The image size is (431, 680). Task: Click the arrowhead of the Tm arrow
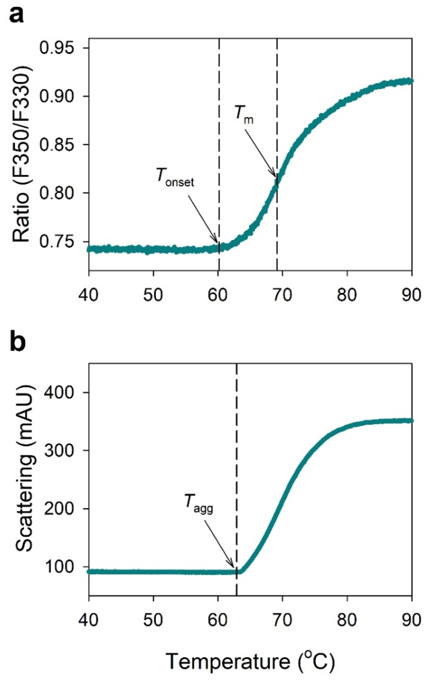click(275, 175)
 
